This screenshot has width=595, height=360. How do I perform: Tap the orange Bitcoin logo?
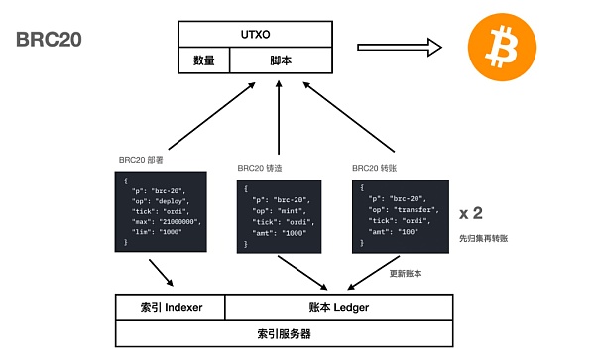coord(500,46)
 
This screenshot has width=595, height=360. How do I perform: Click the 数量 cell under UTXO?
coord(203,60)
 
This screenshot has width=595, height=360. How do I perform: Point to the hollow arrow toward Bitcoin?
coord(398,46)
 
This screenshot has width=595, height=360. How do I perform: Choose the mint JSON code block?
coord(279,213)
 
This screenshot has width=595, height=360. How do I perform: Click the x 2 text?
coord(472,213)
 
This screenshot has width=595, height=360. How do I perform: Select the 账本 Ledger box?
coord(340,308)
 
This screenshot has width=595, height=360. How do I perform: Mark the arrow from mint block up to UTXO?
coord(279,124)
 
